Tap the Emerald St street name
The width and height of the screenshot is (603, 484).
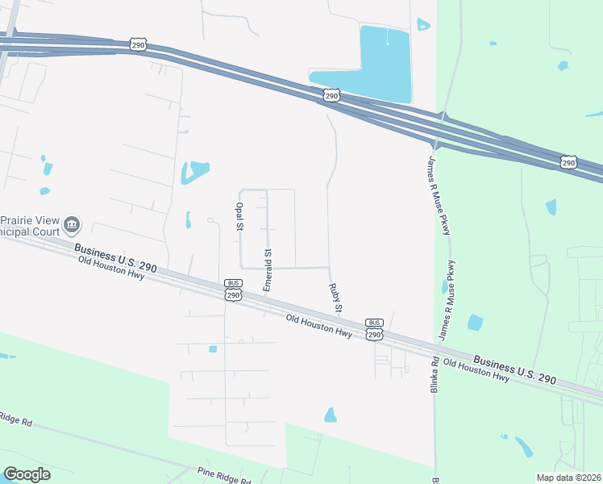268,270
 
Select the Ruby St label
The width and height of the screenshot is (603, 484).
335,298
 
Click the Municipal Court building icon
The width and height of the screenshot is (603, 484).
72,223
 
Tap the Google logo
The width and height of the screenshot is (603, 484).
27,474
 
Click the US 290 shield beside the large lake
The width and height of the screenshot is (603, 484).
331,96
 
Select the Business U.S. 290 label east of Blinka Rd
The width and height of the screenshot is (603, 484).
514,369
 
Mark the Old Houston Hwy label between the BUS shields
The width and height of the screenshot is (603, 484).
319,327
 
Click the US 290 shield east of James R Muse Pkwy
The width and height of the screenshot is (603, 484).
569,162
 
